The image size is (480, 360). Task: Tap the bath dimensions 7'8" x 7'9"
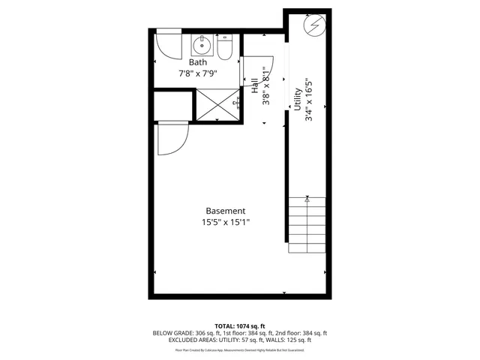198,73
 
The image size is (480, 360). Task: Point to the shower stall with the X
217,103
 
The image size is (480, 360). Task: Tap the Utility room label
297,100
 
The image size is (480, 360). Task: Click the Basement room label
225,211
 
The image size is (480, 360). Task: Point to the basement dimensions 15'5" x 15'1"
225,222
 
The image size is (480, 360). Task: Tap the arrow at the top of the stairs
307,199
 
